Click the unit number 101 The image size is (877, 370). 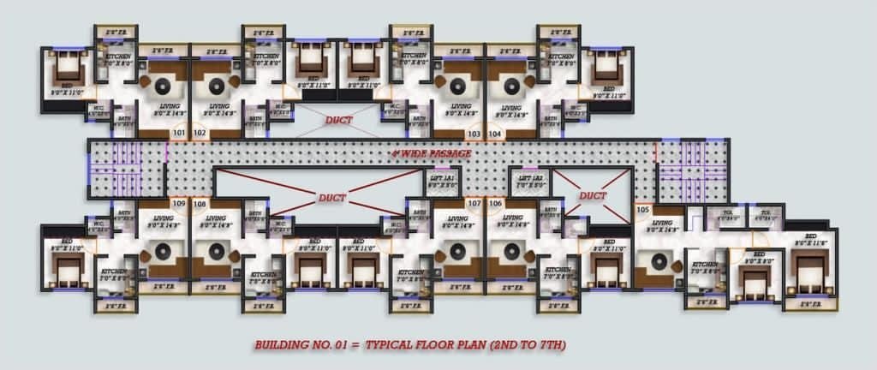click(178, 134)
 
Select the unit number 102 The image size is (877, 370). click(200, 134)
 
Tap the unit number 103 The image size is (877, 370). click(473, 134)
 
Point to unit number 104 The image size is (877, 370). click(495, 134)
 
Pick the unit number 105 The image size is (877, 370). click(644, 208)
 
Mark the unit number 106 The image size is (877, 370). click(495, 203)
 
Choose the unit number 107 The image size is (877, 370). click(474, 203)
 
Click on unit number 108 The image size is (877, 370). click(200, 203)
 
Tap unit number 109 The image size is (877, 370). click(178, 203)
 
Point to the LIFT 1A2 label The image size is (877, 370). click(529, 179)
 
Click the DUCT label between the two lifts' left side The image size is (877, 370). click(332, 197)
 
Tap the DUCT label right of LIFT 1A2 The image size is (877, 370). click(592, 195)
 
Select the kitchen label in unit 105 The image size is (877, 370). click(705, 266)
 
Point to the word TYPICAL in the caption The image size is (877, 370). click(392, 345)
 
